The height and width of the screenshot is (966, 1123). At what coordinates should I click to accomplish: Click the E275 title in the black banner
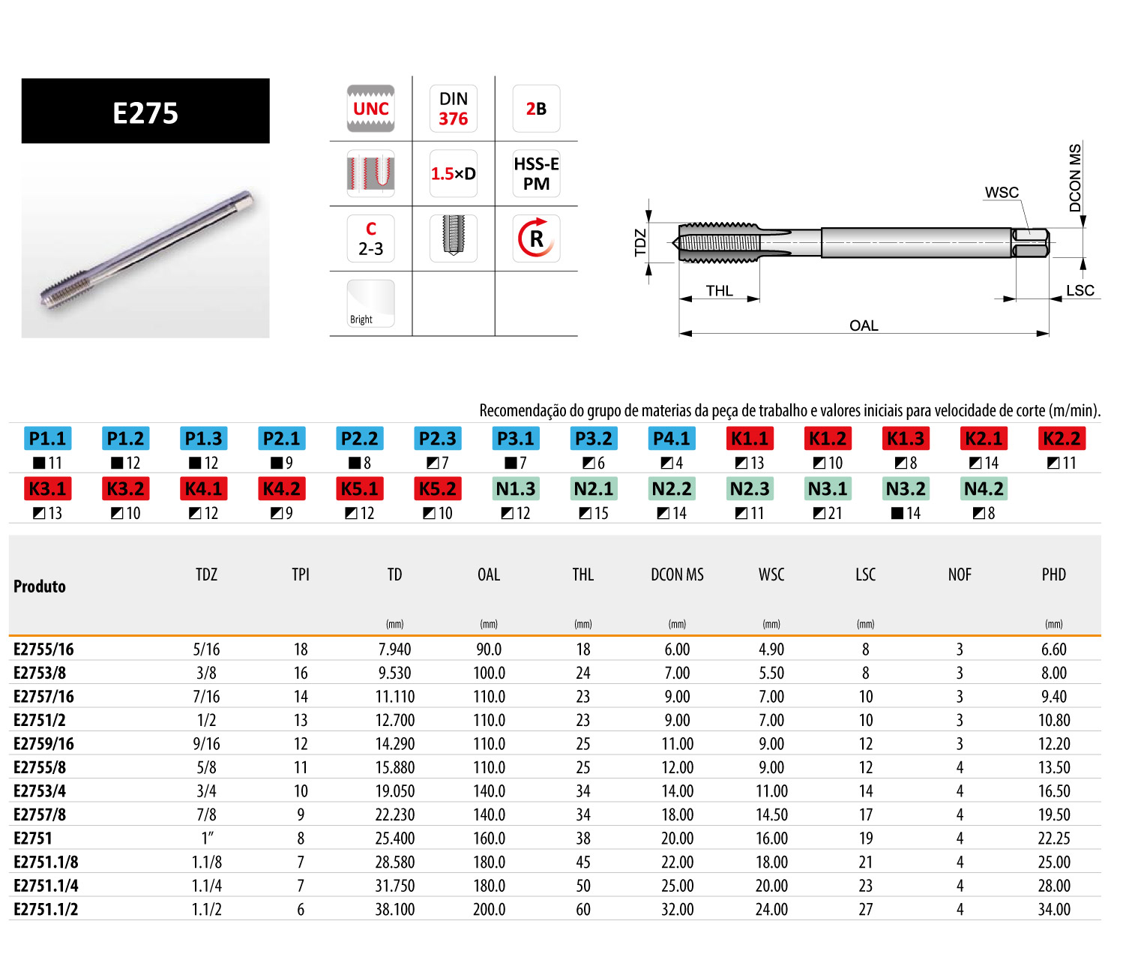click(145, 113)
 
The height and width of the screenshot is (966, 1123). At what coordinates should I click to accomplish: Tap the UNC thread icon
click(370, 108)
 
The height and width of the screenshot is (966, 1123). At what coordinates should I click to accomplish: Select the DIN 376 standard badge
click(453, 108)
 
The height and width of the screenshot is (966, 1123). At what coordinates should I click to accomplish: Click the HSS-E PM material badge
click(536, 173)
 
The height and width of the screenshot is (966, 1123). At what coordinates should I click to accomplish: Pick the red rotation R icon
click(536, 238)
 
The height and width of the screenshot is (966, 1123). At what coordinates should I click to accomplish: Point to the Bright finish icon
click(370, 303)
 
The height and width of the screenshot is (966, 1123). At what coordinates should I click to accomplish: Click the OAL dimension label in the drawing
click(864, 325)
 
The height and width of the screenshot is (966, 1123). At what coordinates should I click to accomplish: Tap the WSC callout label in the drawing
click(1002, 193)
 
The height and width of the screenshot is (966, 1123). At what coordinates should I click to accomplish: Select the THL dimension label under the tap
click(719, 291)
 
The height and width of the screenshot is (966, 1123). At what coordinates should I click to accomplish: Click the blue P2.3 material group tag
click(437, 438)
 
